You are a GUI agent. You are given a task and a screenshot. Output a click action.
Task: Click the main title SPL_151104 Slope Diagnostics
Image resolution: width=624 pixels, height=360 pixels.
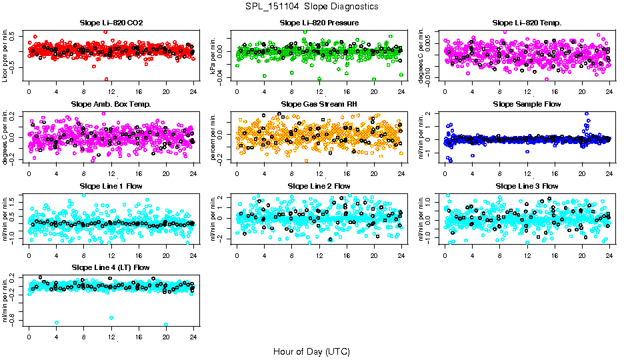click(311, 6)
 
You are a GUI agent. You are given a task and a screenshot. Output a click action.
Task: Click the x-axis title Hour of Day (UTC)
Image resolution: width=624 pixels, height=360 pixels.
click(311, 351)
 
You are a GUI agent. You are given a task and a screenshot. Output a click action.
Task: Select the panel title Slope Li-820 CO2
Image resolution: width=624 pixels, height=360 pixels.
click(111, 23)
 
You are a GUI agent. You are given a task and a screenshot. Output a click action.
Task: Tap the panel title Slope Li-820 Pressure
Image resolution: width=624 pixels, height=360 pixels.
click(319, 23)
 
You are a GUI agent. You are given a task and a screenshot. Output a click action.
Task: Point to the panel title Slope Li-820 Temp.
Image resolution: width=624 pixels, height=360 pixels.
click(527, 23)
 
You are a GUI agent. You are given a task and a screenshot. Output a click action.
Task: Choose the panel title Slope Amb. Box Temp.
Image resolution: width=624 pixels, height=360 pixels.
click(111, 104)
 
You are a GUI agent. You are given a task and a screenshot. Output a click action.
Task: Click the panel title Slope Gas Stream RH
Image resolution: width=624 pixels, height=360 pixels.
click(319, 104)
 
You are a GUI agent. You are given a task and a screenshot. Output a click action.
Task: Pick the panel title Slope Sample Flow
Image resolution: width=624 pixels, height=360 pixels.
click(527, 104)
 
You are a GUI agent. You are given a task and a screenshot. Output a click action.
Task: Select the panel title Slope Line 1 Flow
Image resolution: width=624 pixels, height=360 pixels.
click(111, 186)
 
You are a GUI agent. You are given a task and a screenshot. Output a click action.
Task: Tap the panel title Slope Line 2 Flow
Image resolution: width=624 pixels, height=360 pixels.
click(319, 186)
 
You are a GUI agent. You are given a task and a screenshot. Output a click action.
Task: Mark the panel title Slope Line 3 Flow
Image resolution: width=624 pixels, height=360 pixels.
click(527, 186)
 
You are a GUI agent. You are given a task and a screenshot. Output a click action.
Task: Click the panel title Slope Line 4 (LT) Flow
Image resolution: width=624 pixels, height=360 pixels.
click(111, 267)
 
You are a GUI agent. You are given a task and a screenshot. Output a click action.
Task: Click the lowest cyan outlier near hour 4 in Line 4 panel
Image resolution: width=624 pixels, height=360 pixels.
click(56, 322)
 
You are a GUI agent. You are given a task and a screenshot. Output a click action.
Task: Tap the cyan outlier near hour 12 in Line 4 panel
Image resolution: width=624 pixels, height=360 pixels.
click(111, 318)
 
